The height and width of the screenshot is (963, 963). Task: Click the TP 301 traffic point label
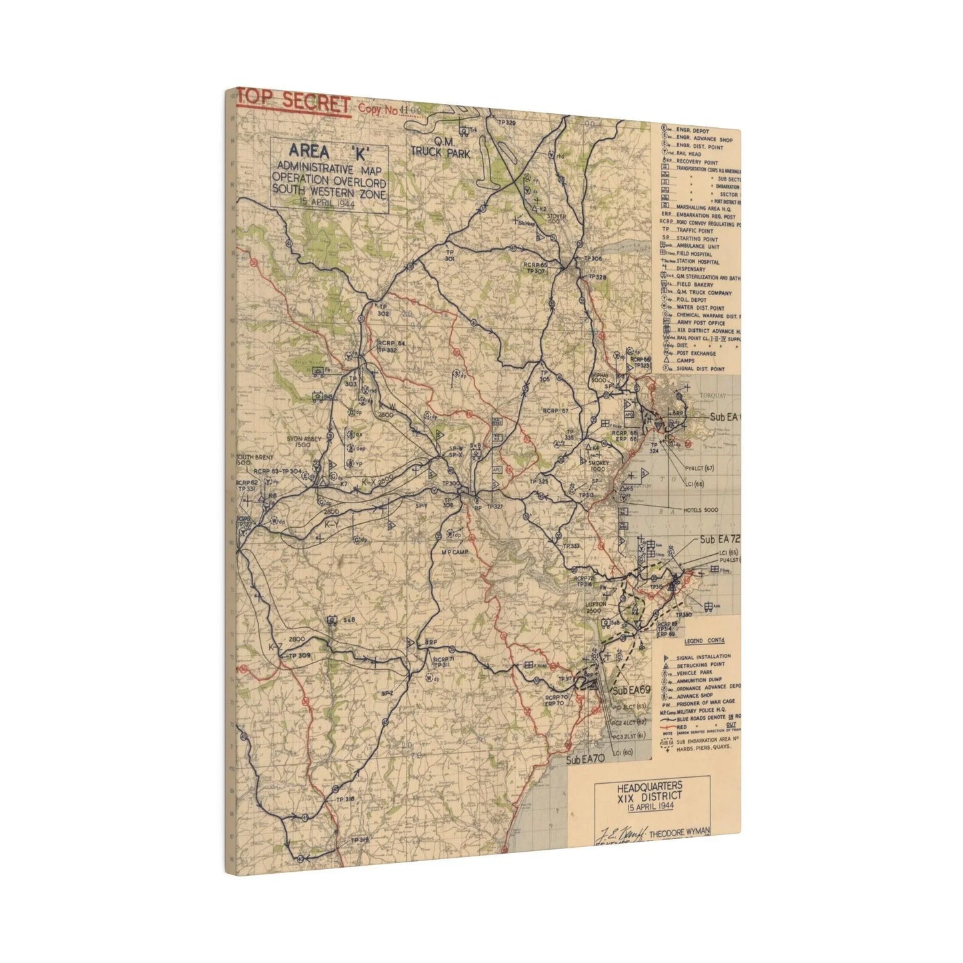[449, 255]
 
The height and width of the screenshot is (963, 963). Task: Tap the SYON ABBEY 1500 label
[305, 442]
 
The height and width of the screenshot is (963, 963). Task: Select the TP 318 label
[345, 799]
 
